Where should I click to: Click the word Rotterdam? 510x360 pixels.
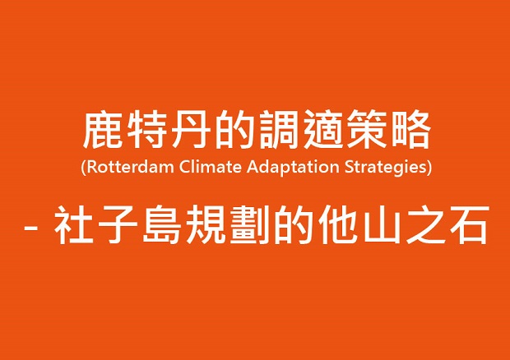[131, 167]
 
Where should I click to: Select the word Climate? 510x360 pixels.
[211, 167]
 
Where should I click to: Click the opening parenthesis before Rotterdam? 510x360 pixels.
[84, 168]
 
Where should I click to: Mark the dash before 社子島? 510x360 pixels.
[31, 226]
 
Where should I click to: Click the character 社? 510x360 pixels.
[73, 224]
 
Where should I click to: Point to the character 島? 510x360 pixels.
[162, 224]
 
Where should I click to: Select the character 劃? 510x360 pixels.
[249, 224]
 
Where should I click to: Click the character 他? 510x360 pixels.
[337, 224]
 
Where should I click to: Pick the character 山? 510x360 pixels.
[382, 225]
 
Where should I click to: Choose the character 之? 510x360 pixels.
[425, 224]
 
